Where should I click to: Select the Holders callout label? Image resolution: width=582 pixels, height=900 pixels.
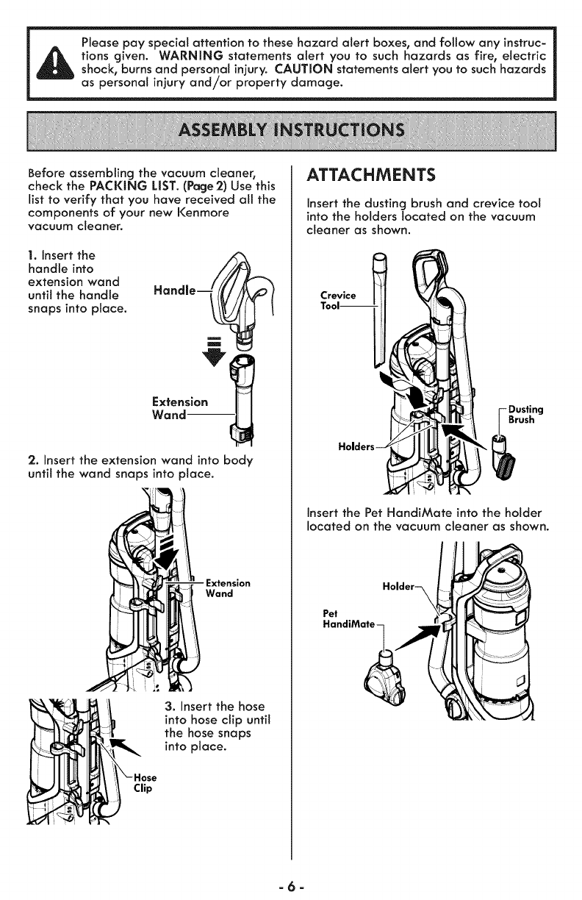click(x=356, y=446)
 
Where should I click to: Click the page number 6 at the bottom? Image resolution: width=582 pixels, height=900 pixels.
click(x=291, y=881)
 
